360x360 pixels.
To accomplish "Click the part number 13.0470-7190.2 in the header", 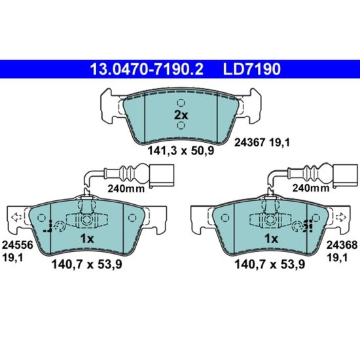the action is tap(147, 69).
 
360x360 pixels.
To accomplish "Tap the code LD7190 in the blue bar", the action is tap(251, 69).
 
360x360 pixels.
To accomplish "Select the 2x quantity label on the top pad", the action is tap(181, 115).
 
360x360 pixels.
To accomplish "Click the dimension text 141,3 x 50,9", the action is tap(181, 151).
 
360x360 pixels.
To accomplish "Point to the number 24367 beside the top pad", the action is tap(249, 143).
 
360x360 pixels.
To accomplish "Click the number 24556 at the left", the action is tap(18, 245).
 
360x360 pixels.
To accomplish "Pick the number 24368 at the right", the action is tap(342, 245).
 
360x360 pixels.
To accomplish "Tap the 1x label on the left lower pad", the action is tap(87, 239).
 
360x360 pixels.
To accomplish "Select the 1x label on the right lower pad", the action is tap(272, 239).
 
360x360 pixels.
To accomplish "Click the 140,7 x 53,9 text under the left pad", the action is tap(87, 264).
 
